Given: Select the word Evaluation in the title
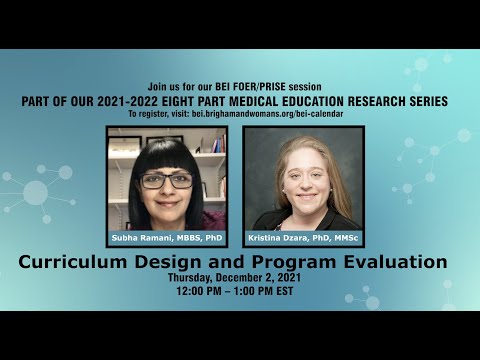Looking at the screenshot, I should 395,263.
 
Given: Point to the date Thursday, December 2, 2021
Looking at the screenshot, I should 239,279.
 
